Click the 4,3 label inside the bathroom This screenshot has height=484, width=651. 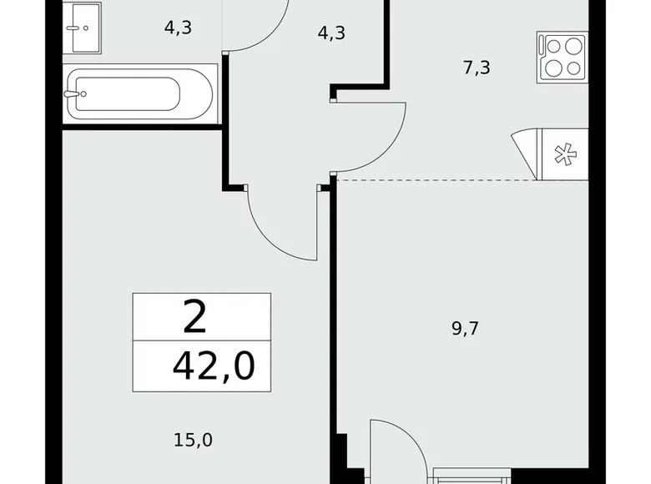(x=178, y=28)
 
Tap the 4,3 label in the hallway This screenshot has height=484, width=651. (x=331, y=34)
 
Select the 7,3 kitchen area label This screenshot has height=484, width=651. (x=477, y=68)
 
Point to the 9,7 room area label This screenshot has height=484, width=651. (x=465, y=328)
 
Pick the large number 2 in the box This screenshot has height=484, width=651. (x=196, y=317)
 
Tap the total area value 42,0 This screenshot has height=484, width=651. (x=213, y=366)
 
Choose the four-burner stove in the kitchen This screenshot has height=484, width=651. (x=563, y=57)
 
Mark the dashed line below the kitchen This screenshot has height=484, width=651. (x=434, y=179)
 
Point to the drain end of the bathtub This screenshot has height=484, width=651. (x=75, y=94)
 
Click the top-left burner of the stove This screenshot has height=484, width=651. (x=553, y=46)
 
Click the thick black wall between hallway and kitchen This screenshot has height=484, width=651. (x=386, y=42)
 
